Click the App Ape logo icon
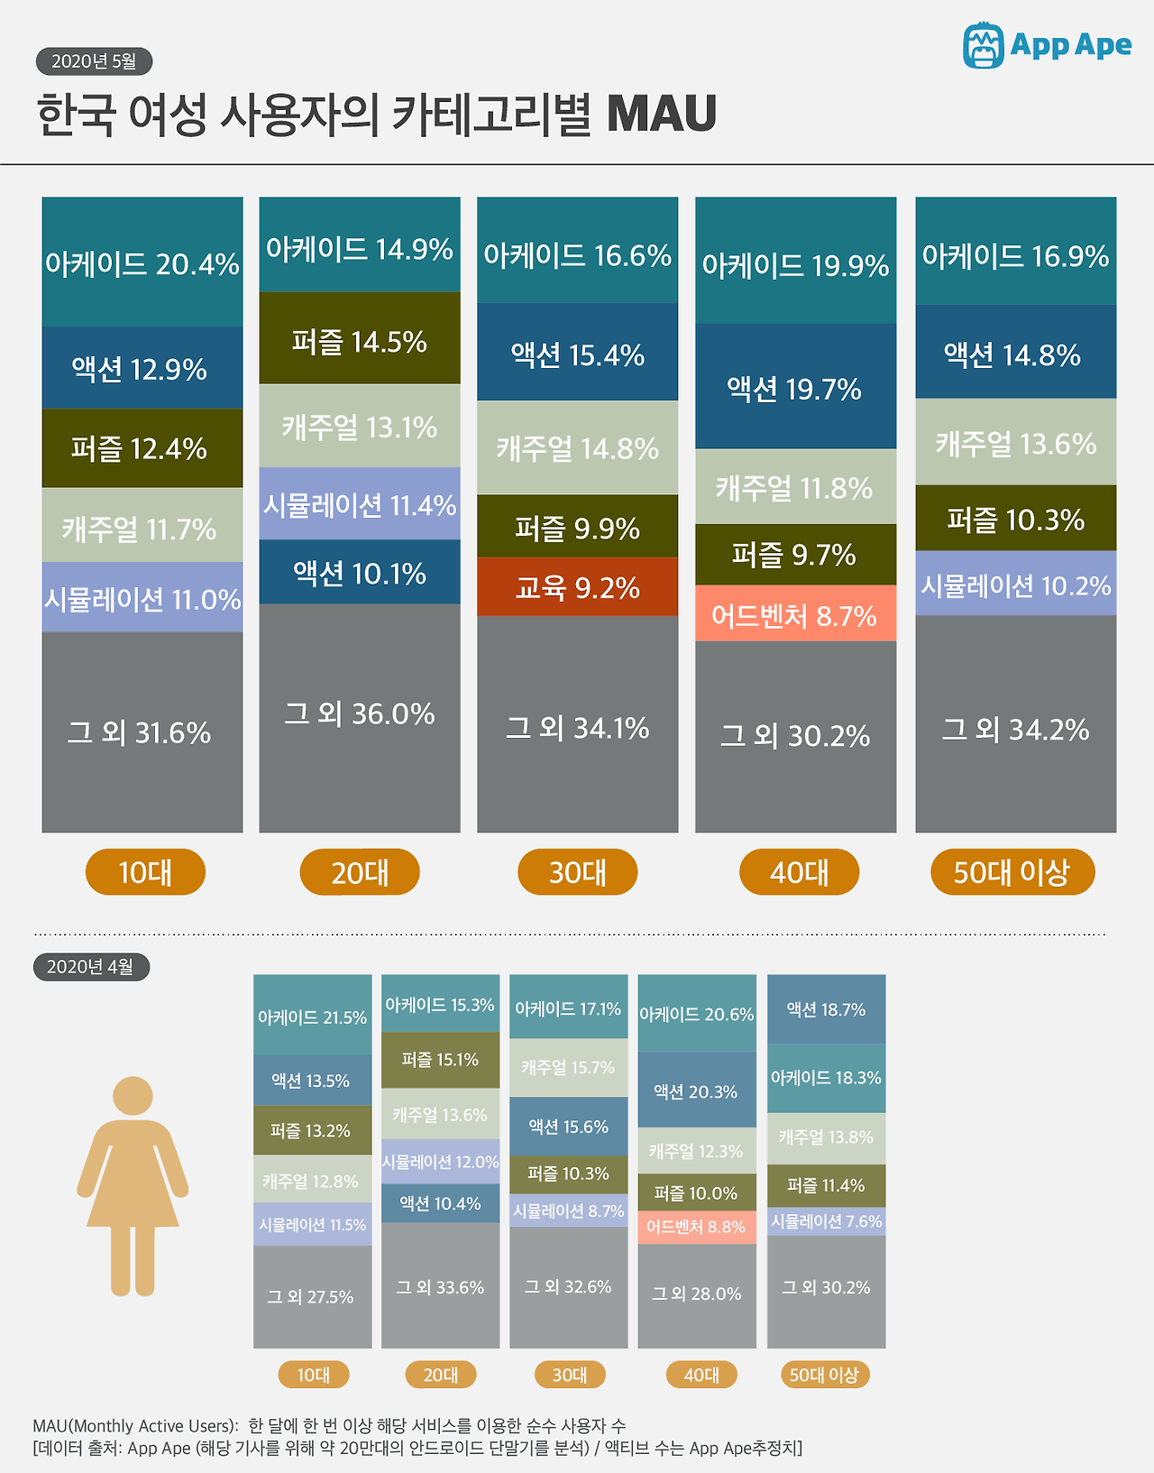tap(983, 45)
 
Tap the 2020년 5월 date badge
tap(94, 61)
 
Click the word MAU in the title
tap(662, 115)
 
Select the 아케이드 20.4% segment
tap(142, 262)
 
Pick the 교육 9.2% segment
tap(577, 587)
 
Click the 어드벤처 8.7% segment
tap(795, 616)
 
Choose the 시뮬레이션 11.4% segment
tap(360, 504)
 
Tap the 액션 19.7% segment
tap(795, 388)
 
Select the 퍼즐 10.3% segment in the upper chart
tap(1016, 519)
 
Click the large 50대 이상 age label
tap(1012, 872)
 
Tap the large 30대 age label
tap(577, 872)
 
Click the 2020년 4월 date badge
tap(91, 967)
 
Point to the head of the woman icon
tap(133, 1096)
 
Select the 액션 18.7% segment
tap(826, 1009)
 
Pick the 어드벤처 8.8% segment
tap(697, 1227)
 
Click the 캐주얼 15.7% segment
tap(568, 1068)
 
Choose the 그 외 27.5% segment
tap(312, 1296)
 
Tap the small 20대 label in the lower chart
tap(440, 1375)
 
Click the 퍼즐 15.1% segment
tap(440, 1060)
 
